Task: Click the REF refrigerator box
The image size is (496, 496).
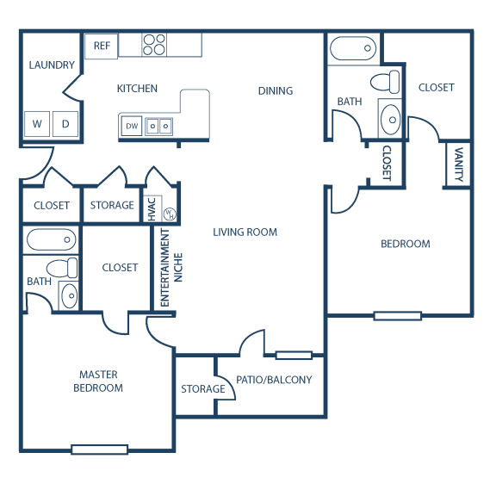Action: (102, 46)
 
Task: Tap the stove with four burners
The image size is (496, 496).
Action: (154, 45)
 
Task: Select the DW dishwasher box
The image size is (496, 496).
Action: (132, 126)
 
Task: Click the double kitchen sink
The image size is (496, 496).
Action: (158, 127)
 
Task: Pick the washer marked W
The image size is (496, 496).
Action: (37, 124)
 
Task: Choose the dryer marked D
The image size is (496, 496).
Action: (65, 124)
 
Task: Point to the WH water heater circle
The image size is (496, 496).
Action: (170, 214)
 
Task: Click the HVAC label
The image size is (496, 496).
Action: (152, 208)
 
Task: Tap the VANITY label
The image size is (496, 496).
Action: (458, 164)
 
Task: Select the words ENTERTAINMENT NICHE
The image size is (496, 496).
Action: (171, 268)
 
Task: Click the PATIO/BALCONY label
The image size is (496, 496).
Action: (274, 380)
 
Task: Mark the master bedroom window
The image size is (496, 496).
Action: (100, 449)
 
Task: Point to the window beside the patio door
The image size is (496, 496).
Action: (294, 356)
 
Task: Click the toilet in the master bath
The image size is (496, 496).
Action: (62, 268)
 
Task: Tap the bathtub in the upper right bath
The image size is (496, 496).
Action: (353, 48)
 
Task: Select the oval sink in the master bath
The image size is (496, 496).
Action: (70, 295)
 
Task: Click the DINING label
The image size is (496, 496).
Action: (276, 91)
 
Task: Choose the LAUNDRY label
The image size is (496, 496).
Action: (52, 65)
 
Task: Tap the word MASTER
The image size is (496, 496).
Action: (98, 375)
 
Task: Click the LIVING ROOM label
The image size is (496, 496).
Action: (245, 232)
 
